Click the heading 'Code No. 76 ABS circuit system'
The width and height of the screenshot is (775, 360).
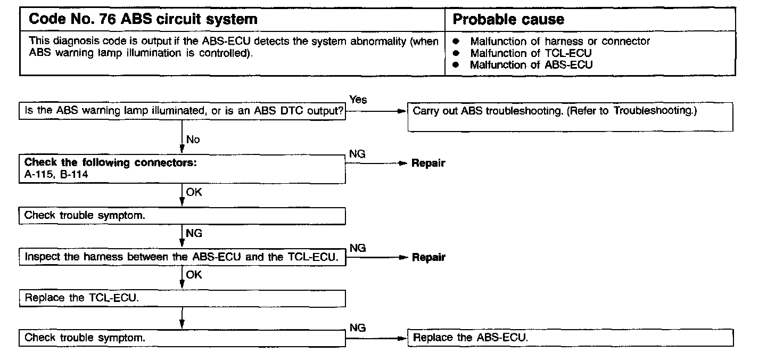click(x=143, y=20)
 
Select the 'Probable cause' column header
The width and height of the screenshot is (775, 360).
click(x=508, y=20)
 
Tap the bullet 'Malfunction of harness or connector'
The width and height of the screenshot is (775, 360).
click(x=560, y=41)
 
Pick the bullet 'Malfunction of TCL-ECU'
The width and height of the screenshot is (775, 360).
click(x=531, y=53)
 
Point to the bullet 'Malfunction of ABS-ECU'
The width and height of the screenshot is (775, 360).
click(x=531, y=65)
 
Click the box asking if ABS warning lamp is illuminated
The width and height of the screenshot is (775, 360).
click(x=183, y=111)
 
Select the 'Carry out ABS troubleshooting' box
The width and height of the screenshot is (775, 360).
click(x=570, y=117)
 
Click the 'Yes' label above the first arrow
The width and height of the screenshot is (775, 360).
click(x=358, y=100)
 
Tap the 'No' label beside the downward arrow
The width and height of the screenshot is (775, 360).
click(x=193, y=140)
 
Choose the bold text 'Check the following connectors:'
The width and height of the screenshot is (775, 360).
click(x=111, y=162)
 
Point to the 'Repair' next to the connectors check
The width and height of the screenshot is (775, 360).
click(x=428, y=163)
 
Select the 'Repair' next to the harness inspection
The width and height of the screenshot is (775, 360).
click(x=428, y=257)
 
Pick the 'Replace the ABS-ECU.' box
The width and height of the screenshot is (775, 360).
click(x=570, y=338)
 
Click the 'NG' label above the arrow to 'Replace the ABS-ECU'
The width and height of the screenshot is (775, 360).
click(x=358, y=328)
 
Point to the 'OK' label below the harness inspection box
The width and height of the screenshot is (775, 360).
click(x=194, y=275)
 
